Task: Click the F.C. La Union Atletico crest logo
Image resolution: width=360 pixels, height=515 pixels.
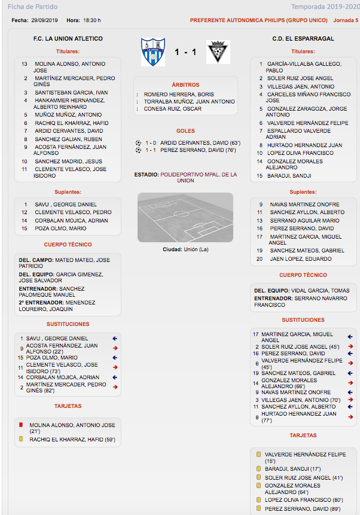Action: pyautogui.click(x=152, y=53)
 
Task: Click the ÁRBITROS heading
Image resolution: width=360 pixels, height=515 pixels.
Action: pyautogui.click(x=185, y=85)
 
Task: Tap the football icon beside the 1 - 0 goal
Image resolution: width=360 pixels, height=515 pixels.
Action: pyautogui.click(x=138, y=142)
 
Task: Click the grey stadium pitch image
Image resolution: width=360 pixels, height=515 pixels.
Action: pyautogui.click(x=185, y=217)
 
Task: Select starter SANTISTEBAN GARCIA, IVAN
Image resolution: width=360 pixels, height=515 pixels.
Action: pyautogui.click(x=71, y=93)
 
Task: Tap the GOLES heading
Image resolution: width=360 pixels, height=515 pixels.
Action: pyautogui.click(x=185, y=131)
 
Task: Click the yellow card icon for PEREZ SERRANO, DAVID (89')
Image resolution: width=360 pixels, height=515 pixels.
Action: pyautogui.click(x=258, y=508)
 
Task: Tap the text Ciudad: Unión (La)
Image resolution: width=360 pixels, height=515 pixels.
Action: pyautogui.click(x=185, y=249)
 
